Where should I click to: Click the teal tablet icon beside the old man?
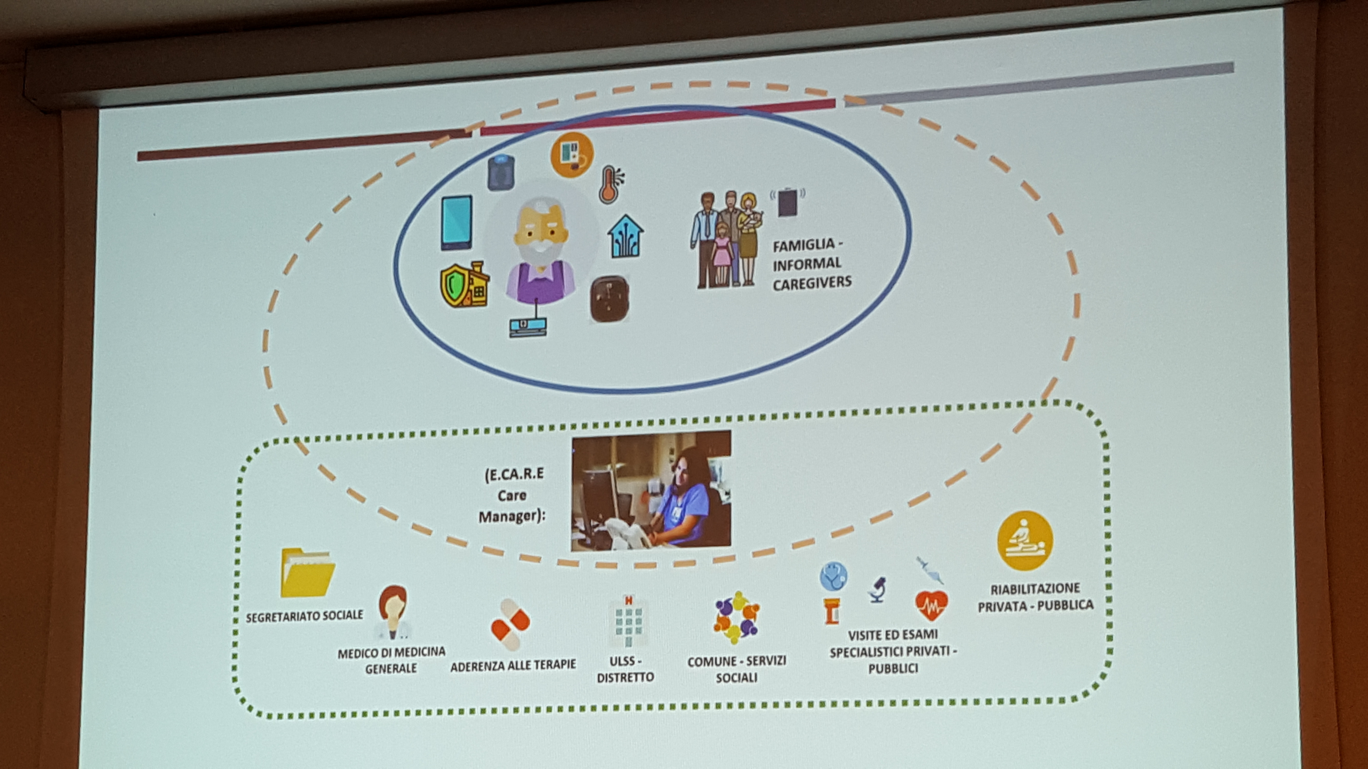click(x=456, y=222)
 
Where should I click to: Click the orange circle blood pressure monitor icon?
click(x=572, y=154)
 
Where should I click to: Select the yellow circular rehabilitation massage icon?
click(x=1025, y=540)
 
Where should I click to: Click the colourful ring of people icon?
click(x=736, y=617)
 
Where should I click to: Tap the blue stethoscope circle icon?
click(x=833, y=576)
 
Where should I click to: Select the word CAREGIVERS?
click(x=811, y=282)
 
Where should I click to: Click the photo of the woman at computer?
click(x=651, y=490)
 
